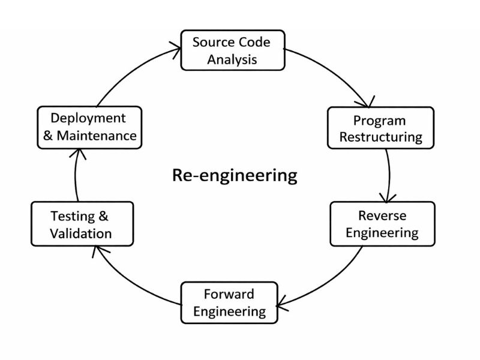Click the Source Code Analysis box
pos(232,50)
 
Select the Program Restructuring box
pos(380,128)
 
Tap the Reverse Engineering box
pos(382,224)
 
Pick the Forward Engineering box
pos(229,302)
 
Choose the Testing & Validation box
pos(82,224)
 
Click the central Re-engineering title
pos(235,175)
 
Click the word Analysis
pos(232,59)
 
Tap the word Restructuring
pos(380,137)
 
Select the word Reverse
pos(382,215)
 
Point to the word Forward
pos(229,294)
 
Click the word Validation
pos(82,233)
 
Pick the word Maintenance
pos(97,136)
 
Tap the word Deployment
pos(88,118)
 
